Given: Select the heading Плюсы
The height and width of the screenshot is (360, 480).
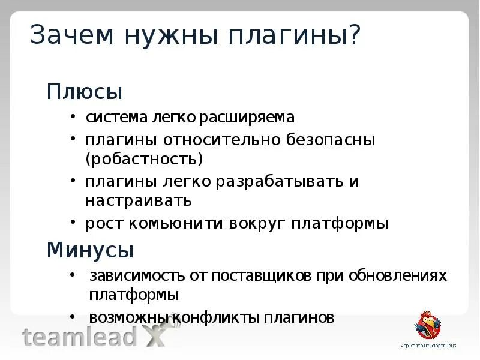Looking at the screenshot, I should (x=85, y=92).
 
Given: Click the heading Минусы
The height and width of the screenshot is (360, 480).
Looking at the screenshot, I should (x=90, y=249).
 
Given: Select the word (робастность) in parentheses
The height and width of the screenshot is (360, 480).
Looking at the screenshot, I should (x=143, y=159).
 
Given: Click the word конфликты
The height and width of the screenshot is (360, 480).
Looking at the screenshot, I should (x=214, y=317).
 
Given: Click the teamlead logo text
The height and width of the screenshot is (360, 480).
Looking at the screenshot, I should (x=79, y=337).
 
